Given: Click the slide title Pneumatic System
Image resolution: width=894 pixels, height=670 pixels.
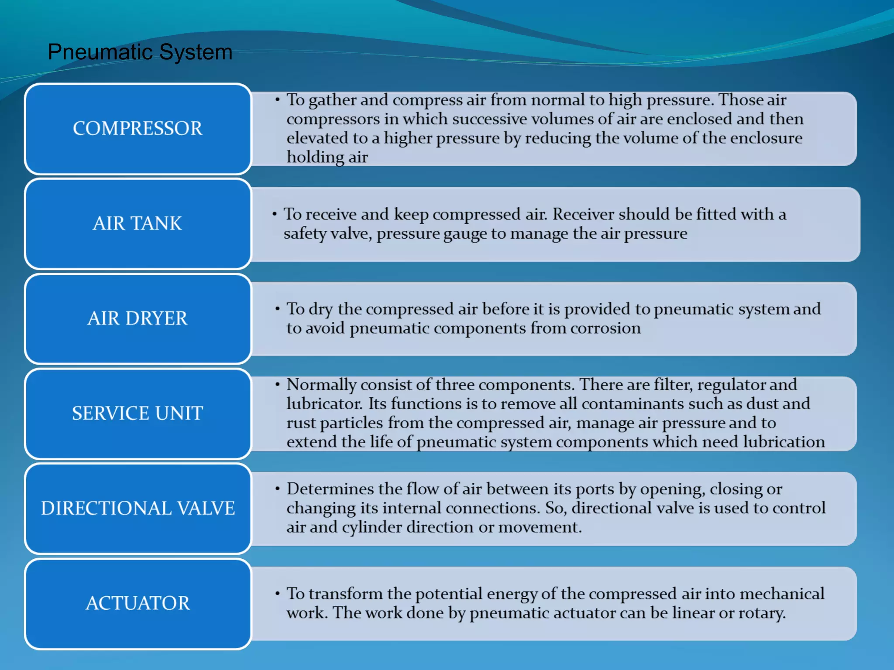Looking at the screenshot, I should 140,52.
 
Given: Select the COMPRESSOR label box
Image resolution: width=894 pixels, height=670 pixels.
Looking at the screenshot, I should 138,129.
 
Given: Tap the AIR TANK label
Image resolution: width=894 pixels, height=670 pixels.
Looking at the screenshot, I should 138,223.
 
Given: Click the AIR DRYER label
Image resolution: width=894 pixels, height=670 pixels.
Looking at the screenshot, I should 138,318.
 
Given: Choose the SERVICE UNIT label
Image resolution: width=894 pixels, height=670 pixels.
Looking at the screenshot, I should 138,413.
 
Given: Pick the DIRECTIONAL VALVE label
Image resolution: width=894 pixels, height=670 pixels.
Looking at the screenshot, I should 138,508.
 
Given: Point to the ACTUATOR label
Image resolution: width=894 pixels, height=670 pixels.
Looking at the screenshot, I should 138,603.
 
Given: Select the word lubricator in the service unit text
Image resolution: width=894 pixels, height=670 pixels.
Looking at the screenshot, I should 324,404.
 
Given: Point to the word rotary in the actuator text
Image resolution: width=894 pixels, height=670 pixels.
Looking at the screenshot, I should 761,613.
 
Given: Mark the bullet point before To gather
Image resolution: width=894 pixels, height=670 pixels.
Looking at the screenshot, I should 277,100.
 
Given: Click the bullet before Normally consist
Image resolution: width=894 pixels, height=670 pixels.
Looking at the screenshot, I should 277,385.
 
